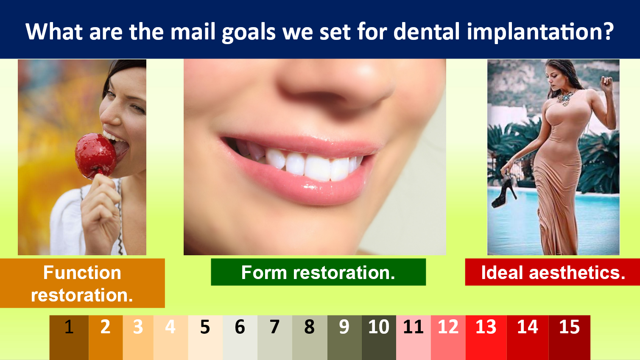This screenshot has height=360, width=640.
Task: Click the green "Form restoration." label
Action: coord(318,272)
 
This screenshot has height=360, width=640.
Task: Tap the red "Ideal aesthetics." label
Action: coord(553,272)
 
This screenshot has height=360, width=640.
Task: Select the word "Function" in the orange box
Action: coord(82,273)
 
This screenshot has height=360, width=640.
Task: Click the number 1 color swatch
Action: coord(69,338)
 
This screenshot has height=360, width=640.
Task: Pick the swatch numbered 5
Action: coord(205,338)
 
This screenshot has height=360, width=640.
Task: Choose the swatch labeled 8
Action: coord(310,338)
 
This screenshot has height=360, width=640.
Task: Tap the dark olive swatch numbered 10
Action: coord(379,338)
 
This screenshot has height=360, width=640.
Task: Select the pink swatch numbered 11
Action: coord(414,338)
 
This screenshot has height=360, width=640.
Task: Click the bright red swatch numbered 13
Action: coord(486,338)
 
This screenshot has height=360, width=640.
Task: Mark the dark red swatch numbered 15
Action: coord(570,338)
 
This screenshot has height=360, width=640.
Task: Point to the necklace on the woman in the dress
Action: coord(565,98)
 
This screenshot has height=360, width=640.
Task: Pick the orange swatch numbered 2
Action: coord(106,338)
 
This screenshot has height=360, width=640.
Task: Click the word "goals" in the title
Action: coord(249,32)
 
